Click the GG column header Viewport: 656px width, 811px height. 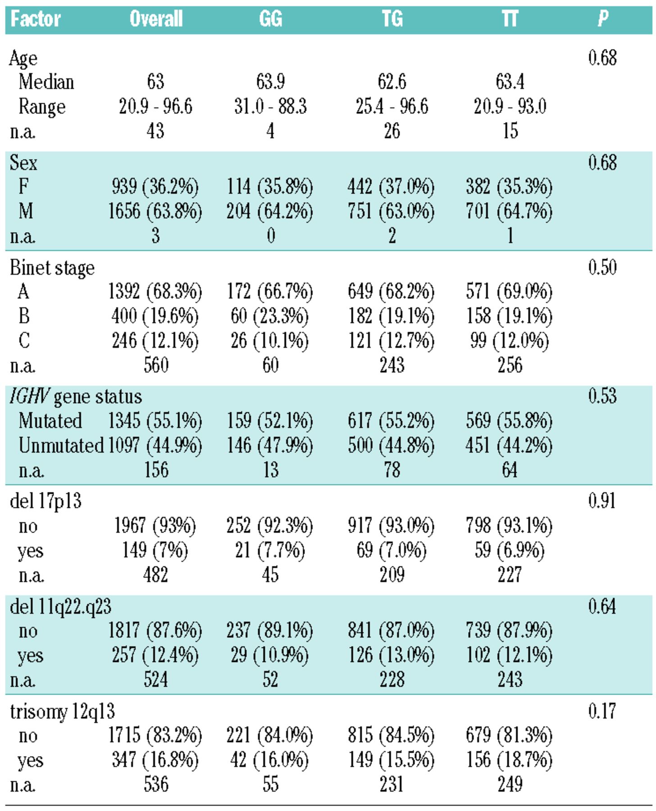[270, 19]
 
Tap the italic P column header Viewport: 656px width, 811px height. [603, 19]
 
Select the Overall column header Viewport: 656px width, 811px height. [156, 19]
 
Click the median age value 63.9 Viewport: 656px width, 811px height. [270, 82]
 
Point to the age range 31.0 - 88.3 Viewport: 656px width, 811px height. [270, 107]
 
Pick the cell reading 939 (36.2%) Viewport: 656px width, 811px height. [155, 187]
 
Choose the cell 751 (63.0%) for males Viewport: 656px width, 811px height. [391, 211]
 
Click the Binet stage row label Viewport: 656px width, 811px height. [52, 268]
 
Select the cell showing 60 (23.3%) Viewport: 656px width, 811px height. [269, 316]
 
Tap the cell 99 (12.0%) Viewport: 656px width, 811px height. [510, 341]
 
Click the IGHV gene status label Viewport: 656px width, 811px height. [76, 397]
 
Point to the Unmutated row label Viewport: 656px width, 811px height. [61, 446]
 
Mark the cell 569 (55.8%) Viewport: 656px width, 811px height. [509, 421]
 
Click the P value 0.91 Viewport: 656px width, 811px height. [602, 501]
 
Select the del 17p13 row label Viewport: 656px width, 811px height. [46, 501]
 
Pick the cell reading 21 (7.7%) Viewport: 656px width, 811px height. [270, 551]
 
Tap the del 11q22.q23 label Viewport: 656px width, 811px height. [60, 607]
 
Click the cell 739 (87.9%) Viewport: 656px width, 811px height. [509, 631]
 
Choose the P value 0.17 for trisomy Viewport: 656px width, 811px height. [602, 711]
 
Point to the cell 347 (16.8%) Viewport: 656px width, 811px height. [155, 760]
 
